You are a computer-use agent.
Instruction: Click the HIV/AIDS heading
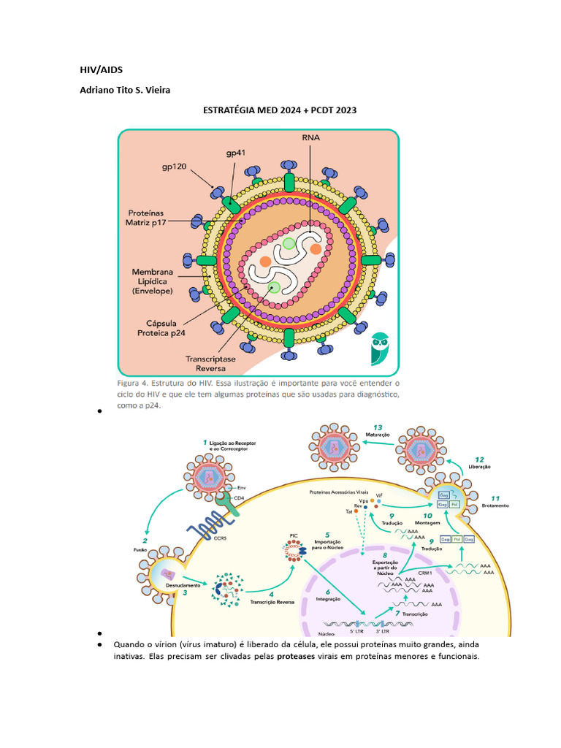click(102, 70)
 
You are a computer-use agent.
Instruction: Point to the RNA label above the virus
click(310, 137)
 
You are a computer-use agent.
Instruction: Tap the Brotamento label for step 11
click(496, 505)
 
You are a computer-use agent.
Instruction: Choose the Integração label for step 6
click(327, 598)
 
